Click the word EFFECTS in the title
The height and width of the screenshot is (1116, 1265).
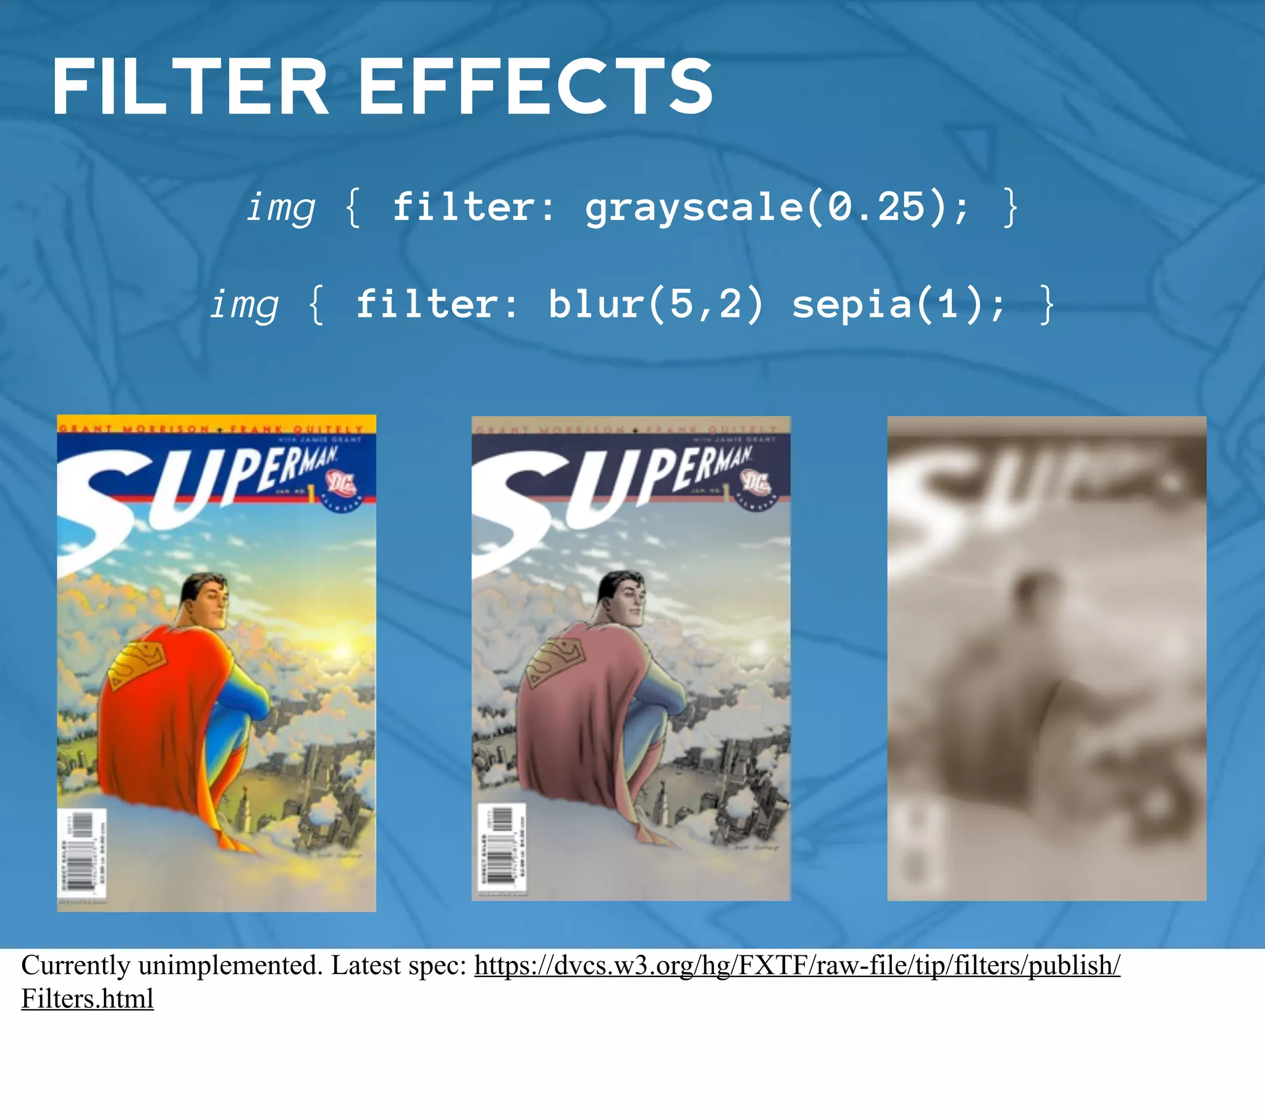coord(536,86)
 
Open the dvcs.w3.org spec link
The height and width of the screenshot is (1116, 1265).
coord(797,965)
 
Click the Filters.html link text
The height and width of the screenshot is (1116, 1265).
coord(87,999)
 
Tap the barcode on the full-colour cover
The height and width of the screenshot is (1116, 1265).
coord(82,852)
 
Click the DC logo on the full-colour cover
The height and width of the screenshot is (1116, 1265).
coord(341,483)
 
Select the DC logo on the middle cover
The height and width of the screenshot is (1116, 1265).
coord(755,482)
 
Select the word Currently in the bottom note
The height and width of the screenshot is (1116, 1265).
coord(75,965)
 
